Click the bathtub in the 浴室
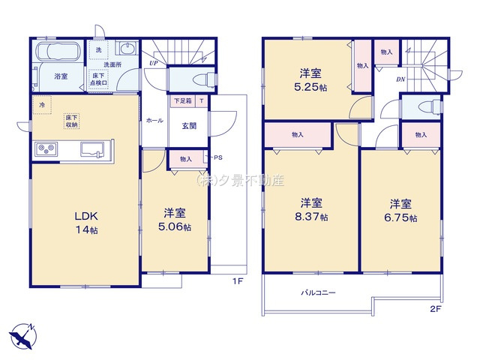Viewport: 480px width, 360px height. coord(56,55)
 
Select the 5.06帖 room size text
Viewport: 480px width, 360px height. coord(175,226)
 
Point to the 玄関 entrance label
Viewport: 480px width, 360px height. coord(188,126)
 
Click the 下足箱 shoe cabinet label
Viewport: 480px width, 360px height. coord(183,100)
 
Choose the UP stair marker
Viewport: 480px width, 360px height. coord(153,63)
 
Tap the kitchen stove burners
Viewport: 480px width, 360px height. coord(45,148)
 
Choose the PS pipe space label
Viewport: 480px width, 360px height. coord(217,157)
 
